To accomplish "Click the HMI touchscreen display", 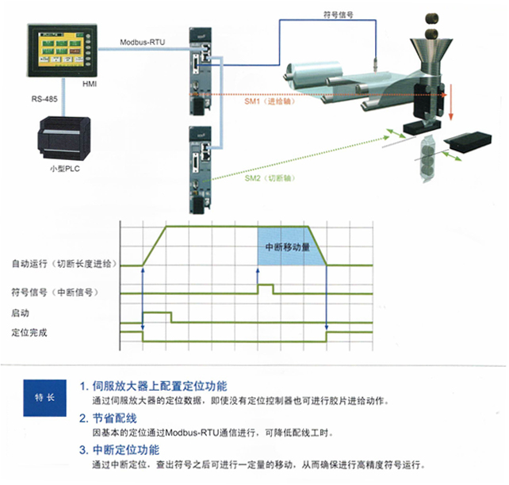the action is (x=62, y=50).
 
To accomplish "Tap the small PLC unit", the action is (x=64, y=139).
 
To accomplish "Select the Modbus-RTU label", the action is (x=143, y=42).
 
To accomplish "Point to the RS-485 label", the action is (x=44, y=99).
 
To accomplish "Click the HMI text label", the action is (x=90, y=84).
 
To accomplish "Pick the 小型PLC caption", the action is (x=65, y=169).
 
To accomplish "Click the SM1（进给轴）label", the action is (x=270, y=101).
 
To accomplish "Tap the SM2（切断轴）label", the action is (x=270, y=178).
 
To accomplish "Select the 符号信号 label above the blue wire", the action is (x=339, y=14).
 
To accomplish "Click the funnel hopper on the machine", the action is (x=431, y=55).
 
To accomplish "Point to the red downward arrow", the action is (x=450, y=102).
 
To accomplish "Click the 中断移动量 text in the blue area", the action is (x=288, y=247).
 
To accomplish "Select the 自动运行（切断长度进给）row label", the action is (x=64, y=264).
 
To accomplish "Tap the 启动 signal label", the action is (x=20, y=313).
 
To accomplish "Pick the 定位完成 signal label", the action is (x=29, y=333).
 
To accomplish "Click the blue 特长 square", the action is (x=45, y=398).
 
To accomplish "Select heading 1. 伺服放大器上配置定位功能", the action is (x=153, y=386).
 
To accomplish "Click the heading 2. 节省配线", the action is (x=108, y=418).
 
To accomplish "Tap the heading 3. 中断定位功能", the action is (x=120, y=450).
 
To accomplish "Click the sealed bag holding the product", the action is (x=429, y=159).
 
